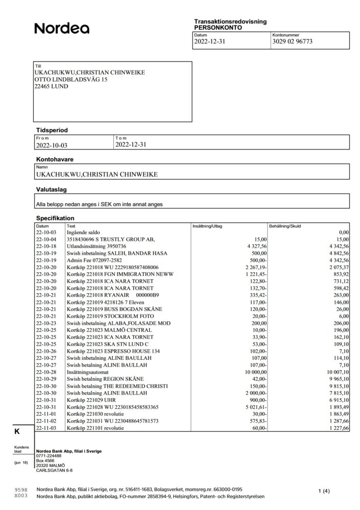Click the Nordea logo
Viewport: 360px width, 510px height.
click(x=62, y=29)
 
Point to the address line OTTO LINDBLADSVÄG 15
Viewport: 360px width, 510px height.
click(x=70, y=80)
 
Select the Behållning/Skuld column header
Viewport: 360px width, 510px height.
click(x=286, y=225)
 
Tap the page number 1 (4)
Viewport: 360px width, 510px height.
click(x=324, y=491)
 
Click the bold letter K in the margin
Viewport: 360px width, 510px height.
click(x=17, y=431)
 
